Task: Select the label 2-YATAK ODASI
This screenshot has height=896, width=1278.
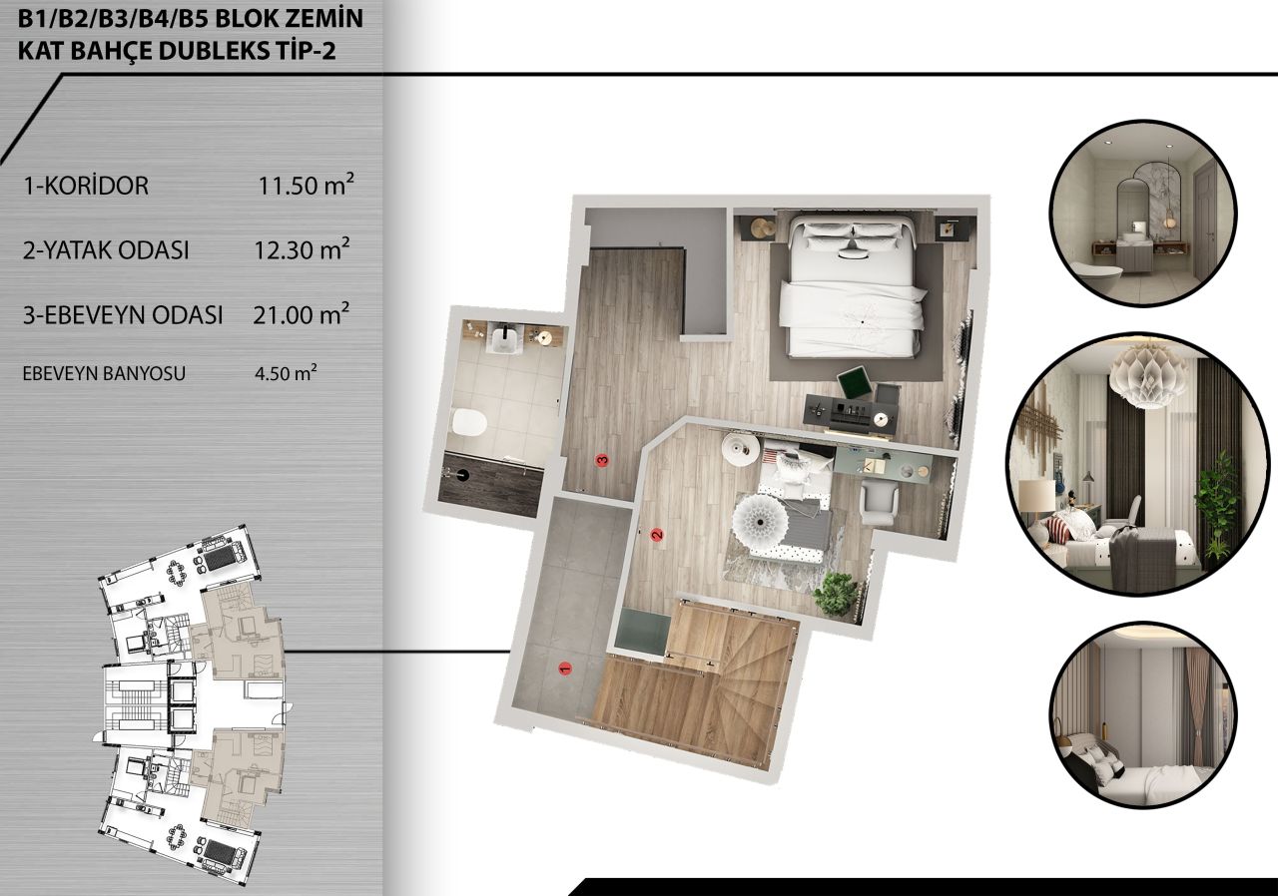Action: click(106, 250)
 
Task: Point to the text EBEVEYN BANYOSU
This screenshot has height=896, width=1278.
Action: click(104, 374)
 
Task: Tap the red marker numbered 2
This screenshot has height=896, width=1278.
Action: click(657, 536)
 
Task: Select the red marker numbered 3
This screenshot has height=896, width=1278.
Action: click(602, 460)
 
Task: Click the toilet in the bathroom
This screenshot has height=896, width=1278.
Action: click(468, 423)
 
